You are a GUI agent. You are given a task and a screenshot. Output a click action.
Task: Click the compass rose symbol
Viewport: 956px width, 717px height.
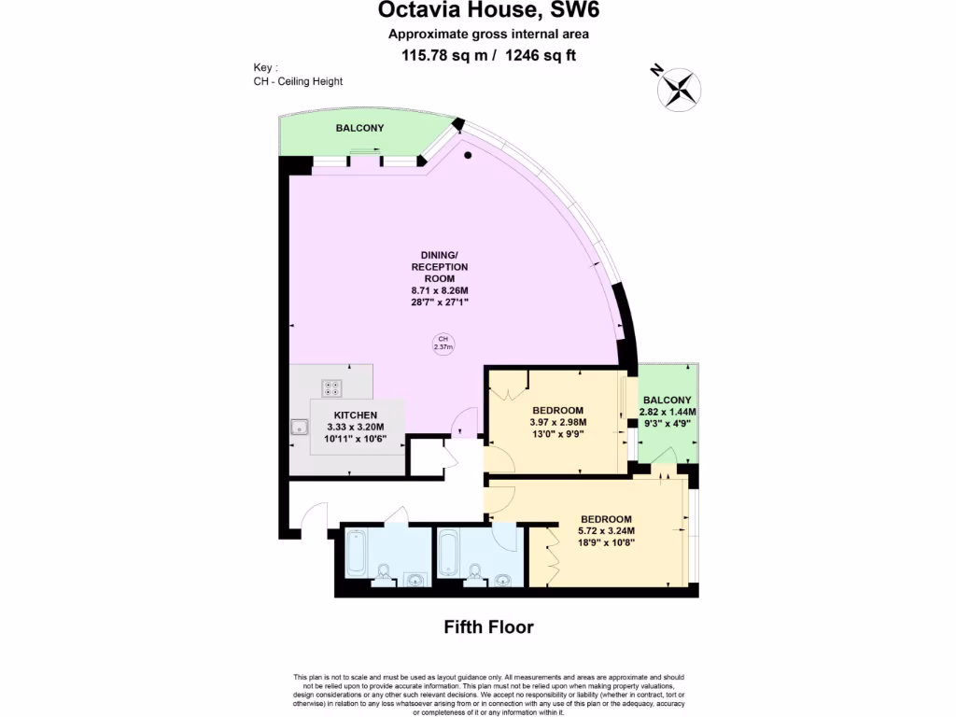point(681,88)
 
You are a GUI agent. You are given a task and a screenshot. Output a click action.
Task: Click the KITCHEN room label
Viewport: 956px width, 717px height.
point(356,415)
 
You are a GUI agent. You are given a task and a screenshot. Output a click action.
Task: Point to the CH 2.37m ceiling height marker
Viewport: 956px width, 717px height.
point(443,343)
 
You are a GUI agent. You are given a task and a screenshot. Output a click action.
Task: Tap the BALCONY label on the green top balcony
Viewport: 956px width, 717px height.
point(359,128)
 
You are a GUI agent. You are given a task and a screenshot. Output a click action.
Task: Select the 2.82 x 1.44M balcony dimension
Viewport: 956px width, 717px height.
point(668,412)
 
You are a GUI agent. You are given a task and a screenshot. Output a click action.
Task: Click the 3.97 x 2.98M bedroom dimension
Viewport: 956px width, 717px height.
point(557,422)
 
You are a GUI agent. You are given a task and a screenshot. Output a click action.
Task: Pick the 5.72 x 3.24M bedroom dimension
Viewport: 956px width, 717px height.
point(606,531)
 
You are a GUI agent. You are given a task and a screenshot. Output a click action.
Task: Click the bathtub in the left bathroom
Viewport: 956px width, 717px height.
point(358,552)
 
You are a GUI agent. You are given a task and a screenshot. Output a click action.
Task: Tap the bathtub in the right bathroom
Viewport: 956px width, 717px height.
point(449,552)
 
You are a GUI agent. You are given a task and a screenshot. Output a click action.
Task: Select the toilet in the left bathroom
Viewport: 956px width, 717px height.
point(385,571)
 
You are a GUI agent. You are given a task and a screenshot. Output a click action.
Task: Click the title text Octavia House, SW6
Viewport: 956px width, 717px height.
point(488,11)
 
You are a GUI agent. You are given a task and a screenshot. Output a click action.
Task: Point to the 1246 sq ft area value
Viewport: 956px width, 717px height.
point(541,55)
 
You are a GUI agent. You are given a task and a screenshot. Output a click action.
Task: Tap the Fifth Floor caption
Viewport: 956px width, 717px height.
point(488,626)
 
